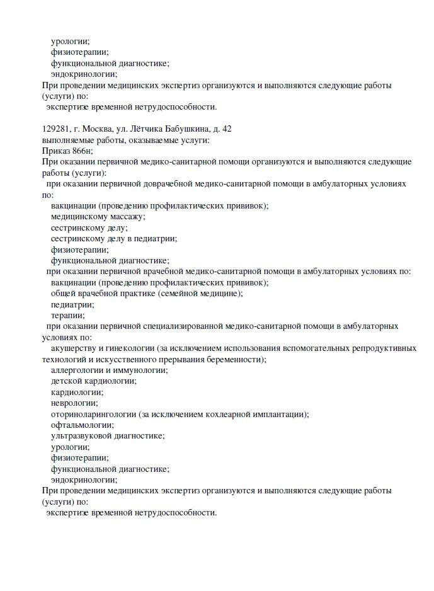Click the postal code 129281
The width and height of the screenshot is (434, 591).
(55, 129)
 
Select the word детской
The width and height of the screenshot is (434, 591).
(66, 381)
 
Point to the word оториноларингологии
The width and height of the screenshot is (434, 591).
(93, 414)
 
